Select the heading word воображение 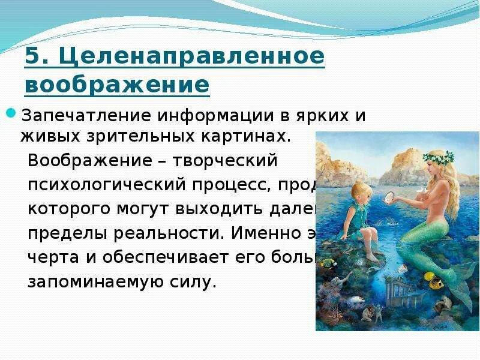(117, 84)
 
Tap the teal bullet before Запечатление (10, 112)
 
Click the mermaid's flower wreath (439, 159)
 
